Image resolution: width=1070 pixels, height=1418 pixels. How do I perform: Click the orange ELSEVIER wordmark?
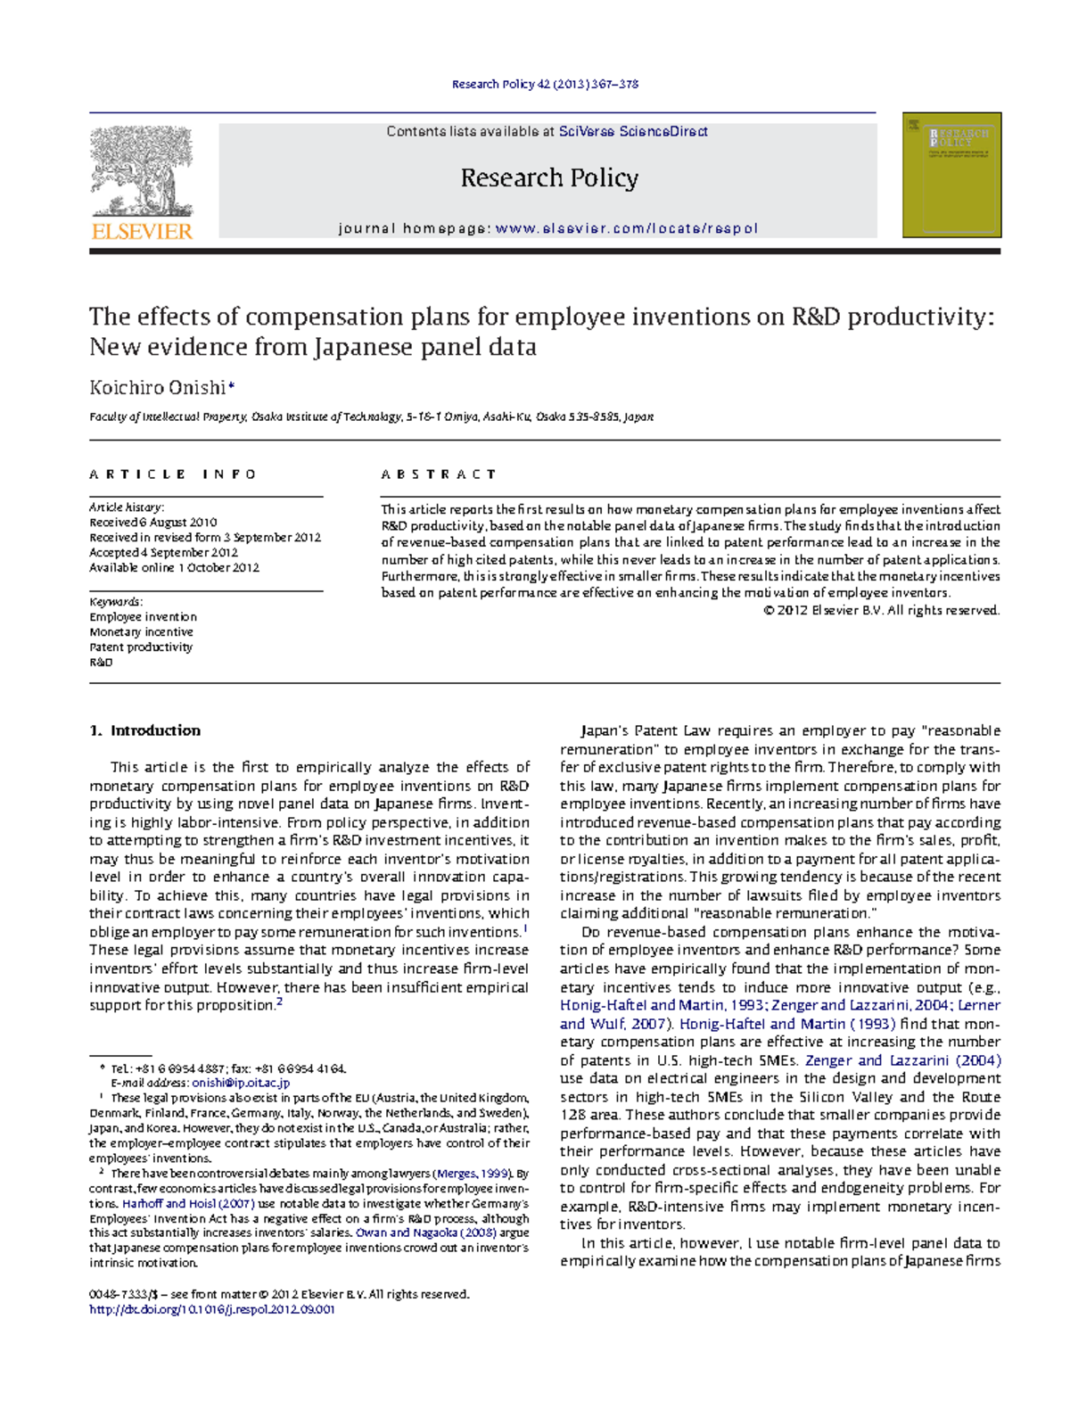[x=142, y=231]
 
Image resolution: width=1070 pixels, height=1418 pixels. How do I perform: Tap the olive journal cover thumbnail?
[x=951, y=175]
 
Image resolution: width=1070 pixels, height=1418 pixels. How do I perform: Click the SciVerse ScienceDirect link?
[x=632, y=132]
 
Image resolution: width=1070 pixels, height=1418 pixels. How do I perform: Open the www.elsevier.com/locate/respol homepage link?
[x=626, y=228]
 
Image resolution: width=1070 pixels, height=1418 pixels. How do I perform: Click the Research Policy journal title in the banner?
[x=549, y=178]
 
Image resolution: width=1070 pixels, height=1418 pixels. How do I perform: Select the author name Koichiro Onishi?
[x=158, y=388]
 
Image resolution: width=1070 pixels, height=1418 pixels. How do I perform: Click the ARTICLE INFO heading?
[x=173, y=474]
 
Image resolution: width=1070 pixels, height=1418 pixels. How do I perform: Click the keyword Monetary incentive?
[x=141, y=632]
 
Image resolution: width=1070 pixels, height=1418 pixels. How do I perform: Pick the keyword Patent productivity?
[x=141, y=647]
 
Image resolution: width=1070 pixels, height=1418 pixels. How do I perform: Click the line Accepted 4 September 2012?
[x=163, y=553]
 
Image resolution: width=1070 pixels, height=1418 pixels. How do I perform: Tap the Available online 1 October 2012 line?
[x=174, y=568]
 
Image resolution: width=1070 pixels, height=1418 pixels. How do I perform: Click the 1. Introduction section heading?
[x=144, y=730]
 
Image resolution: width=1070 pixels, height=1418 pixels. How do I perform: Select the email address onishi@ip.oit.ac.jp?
[x=241, y=1083]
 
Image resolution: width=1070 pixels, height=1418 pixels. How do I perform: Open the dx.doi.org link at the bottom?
[x=212, y=1310]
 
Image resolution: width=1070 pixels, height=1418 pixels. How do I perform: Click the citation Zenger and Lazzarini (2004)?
[x=902, y=1060]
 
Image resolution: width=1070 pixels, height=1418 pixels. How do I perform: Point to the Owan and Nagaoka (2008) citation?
[x=425, y=1233]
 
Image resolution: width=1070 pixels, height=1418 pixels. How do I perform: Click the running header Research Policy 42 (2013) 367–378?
[x=545, y=85]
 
